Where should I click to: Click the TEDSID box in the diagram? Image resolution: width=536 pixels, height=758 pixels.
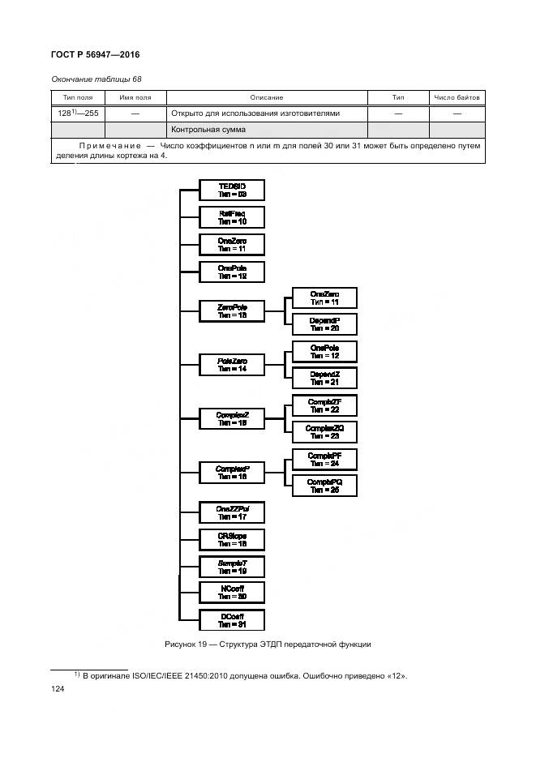pos(232,191)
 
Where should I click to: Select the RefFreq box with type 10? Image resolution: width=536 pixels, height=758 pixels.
pos(232,217)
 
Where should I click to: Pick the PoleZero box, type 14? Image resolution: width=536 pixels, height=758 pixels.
pos(232,365)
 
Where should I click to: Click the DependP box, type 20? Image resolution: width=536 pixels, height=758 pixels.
pos(324,325)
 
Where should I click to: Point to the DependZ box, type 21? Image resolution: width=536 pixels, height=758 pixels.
pos(324,378)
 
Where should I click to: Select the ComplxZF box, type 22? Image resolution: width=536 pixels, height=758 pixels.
pos(324,405)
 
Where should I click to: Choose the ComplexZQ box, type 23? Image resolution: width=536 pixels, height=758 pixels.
pos(324,431)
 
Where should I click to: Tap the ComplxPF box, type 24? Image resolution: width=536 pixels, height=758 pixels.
pos(324,460)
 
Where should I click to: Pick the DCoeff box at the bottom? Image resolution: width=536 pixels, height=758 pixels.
pos(232,620)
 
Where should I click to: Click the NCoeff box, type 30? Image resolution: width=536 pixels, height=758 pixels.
pos(232,592)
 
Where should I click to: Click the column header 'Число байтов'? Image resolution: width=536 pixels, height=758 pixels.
pos(457,97)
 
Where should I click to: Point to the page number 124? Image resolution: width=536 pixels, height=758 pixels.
pos(58,688)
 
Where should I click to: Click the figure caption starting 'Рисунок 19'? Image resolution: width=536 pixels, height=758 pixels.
pos(268,644)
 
